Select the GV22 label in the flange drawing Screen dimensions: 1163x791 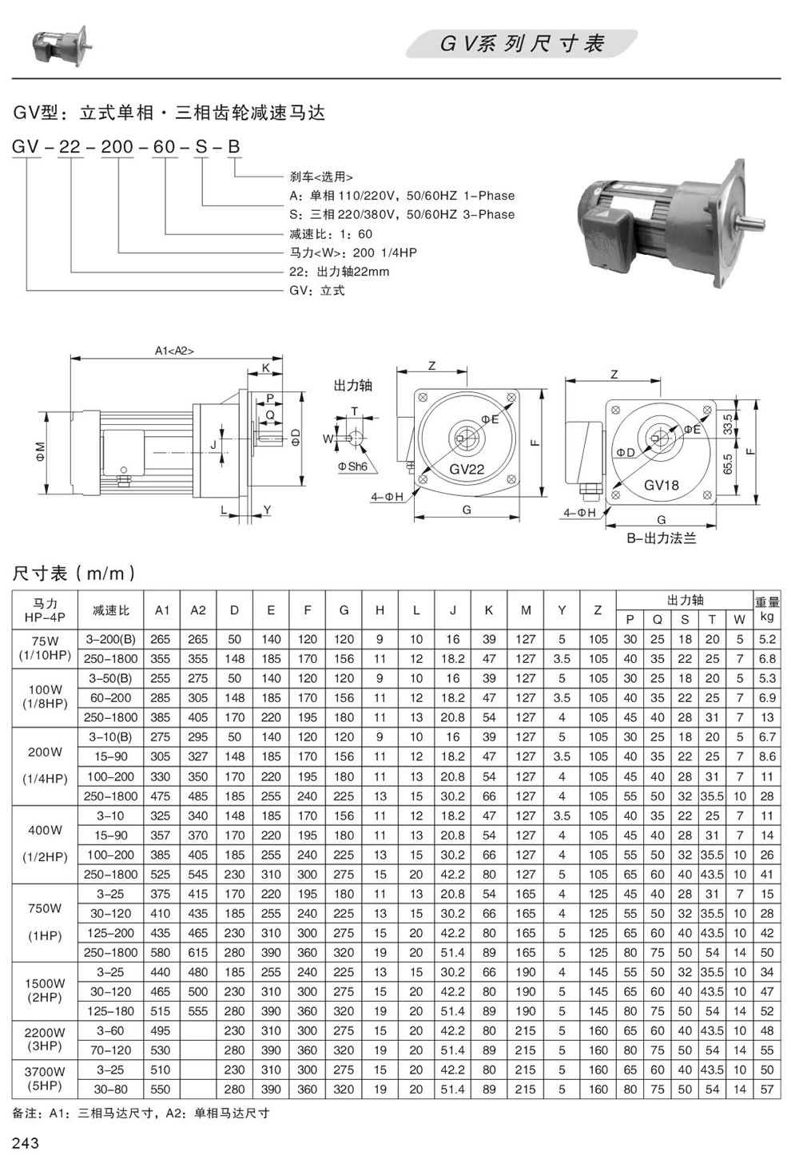pyautogui.click(x=467, y=469)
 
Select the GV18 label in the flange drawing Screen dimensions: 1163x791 pyautogui.click(x=661, y=485)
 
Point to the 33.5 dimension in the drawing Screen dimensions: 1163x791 pyautogui.click(x=728, y=423)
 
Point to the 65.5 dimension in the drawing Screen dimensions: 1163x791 pyautogui.click(x=728, y=465)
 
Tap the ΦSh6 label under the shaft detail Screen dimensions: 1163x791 pyautogui.click(x=353, y=466)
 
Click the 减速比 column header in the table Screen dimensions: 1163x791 pyautogui.click(x=111, y=610)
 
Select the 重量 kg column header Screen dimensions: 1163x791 pyautogui.click(x=767, y=609)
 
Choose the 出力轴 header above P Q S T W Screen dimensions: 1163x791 pyautogui.click(x=685, y=600)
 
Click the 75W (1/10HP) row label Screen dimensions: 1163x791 pyautogui.click(x=45, y=649)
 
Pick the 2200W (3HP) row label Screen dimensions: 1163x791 pyautogui.click(x=45, y=1040)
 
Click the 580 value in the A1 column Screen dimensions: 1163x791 pyautogui.click(x=161, y=952)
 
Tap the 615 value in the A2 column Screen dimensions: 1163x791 pyautogui.click(x=198, y=952)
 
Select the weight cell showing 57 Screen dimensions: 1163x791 pyautogui.click(x=767, y=1089)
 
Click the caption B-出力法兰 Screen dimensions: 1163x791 pyautogui.click(x=661, y=538)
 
